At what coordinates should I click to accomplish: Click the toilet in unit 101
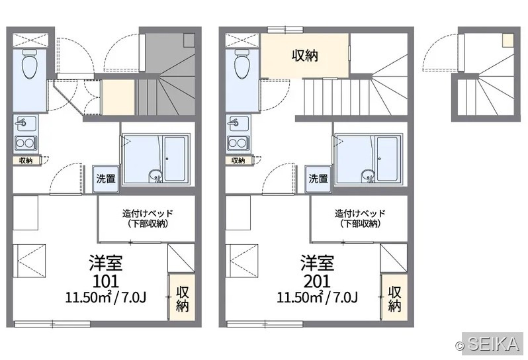click(30, 64)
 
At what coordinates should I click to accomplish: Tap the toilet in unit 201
click(242, 64)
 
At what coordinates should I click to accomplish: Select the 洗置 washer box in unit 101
click(106, 179)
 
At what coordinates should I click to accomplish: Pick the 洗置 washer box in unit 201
click(318, 179)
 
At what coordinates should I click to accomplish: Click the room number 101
click(105, 281)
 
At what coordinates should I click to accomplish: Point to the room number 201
click(317, 281)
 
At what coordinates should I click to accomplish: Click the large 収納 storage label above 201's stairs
click(305, 55)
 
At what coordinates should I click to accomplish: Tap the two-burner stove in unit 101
click(26, 143)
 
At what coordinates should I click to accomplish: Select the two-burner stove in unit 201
click(238, 143)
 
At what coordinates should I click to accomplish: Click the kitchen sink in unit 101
click(26, 123)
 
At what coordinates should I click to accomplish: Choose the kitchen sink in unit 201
click(238, 123)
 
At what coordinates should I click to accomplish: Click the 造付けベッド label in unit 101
click(148, 213)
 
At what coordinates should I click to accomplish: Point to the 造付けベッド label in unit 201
click(360, 213)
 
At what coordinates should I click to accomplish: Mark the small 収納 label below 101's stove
click(26, 161)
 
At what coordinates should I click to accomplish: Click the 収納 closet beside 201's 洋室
click(394, 298)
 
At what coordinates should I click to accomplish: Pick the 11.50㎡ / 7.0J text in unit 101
click(106, 297)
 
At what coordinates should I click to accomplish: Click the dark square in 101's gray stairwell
click(189, 40)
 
